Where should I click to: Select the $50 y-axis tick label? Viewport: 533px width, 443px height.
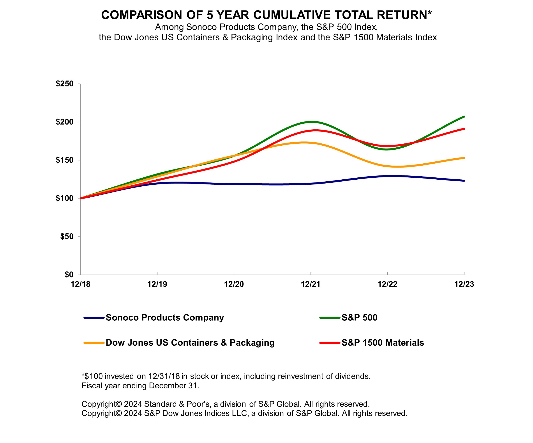pyautogui.click(x=67, y=237)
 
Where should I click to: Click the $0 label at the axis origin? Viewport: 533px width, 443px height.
pyautogui.click(x=69, y=275)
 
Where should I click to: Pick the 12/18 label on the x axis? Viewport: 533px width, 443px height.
pyautogui.click(x=80, y=284)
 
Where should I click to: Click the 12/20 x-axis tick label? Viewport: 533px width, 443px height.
pyautogui.click(x=234, y=284)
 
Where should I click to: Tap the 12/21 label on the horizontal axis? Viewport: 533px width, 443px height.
pyautogui.click(x=311, y=284)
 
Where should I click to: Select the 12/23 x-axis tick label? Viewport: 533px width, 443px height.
pyautogui.click(x=464, y=284)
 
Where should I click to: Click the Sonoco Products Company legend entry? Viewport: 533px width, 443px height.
pyautogui.click(x=165, y=318)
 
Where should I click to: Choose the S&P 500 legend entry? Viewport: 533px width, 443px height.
pyautogui.click(x=359, y=318)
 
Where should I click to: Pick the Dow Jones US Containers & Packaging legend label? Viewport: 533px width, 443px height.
pyautogui.click(x=190, y=343)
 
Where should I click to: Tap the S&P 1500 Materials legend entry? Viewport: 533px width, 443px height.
pyautogui.click(x=383, y=343)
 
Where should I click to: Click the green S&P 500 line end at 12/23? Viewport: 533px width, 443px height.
pyautogui.click(x=464, y=117)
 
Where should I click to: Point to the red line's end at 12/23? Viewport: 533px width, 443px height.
pyautogui.click(x=464, y=129)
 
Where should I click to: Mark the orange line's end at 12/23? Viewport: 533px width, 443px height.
pyautogui.click(x=464, y=158)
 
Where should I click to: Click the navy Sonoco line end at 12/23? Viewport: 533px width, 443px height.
pyautogui.click(x=464, y=181)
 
